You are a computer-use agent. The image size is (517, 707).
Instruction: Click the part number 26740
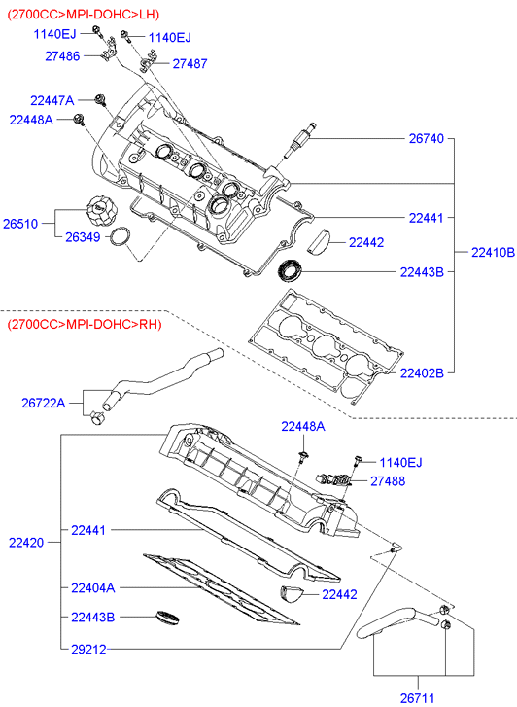click(426, 138)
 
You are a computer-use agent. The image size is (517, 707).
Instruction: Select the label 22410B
click(493, 252)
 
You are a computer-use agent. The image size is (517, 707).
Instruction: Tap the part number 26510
click(20, 224)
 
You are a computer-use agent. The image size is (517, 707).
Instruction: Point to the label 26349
click(83, 237)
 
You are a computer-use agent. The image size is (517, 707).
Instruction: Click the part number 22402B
click(422, 372)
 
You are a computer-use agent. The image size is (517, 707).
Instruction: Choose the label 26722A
click(44, 403)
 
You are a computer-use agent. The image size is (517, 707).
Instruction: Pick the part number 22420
click(26, 543)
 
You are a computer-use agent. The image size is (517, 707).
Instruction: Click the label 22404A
click(93, 588)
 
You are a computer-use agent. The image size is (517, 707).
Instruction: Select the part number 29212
click(88, 650)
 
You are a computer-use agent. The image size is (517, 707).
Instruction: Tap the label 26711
click(417, 698)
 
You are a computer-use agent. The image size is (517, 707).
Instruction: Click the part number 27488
click(388, 481)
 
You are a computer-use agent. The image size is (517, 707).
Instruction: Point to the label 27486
click(62, 56)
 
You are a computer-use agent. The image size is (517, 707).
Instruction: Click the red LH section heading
click(84, 15)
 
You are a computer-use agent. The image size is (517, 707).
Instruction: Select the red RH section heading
click(85, 324)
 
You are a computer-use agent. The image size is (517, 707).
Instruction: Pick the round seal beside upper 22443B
click(290, 271)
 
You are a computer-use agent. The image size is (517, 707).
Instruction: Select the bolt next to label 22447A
click(100, 100)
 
